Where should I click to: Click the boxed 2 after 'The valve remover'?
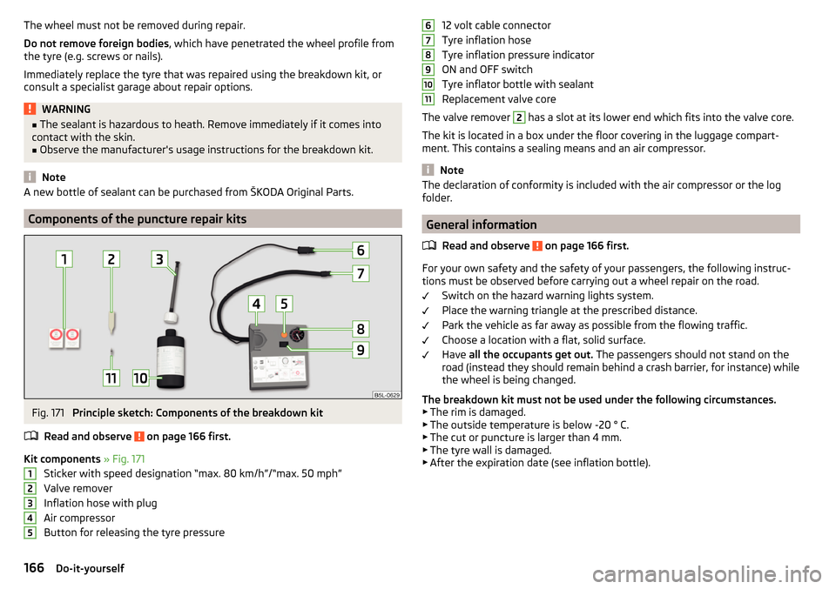518,117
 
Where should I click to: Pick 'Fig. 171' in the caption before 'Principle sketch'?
47,412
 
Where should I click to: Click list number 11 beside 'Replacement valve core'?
428,99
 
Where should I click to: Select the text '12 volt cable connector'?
496,25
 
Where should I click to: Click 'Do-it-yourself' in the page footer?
90,568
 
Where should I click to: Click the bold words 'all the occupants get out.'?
530,354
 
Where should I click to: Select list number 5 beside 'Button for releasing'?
30,532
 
